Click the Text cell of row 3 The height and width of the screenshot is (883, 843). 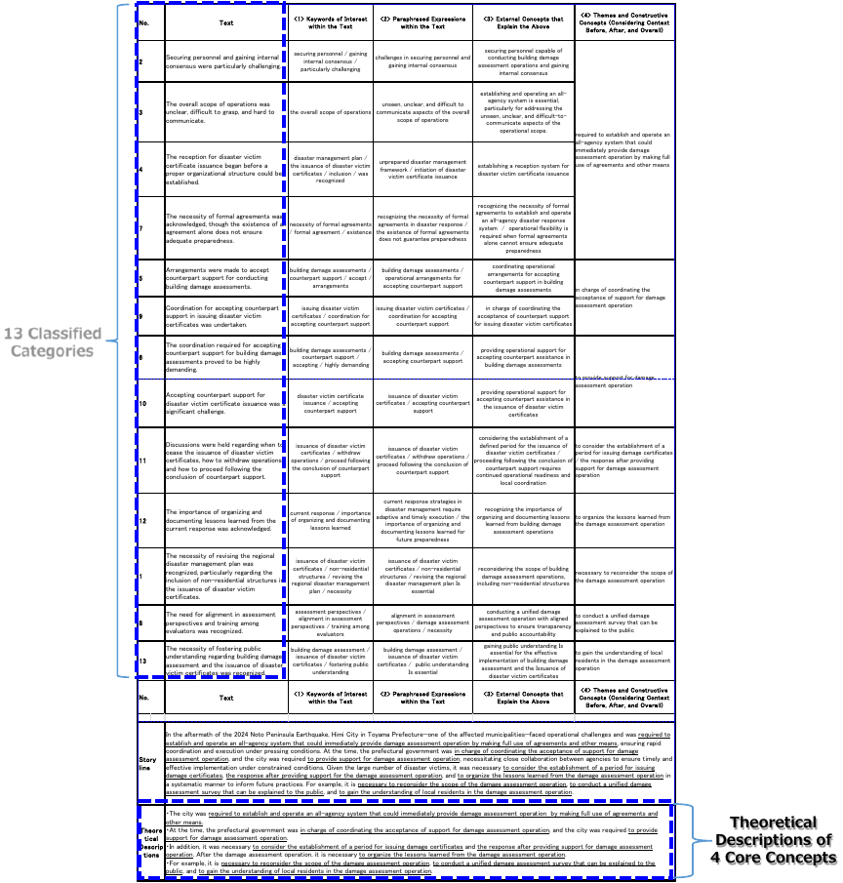click(224, 112)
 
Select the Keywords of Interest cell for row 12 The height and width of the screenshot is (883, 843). click(330, 520)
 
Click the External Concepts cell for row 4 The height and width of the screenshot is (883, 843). click(523, 170)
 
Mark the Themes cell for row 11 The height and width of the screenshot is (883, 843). click(623, 461)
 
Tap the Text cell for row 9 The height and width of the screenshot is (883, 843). click(224, 316)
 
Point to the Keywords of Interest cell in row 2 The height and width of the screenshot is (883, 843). click(330, 61)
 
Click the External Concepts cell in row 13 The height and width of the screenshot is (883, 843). click(523, 661)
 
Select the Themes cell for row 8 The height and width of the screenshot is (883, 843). click(623, 622)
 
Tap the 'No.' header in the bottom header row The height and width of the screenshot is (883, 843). click(143, 698)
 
